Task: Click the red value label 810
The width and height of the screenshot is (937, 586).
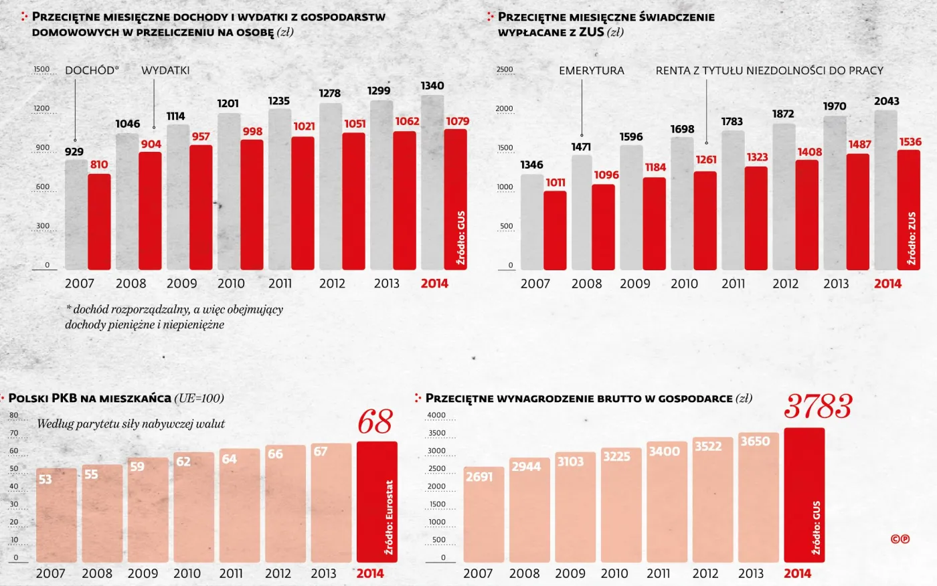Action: (98, 165)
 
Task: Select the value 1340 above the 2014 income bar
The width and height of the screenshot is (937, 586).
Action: (432, 86)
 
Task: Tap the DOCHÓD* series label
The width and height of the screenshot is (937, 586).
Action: (92, 70)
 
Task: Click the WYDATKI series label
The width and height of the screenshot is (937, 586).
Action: (165, 70)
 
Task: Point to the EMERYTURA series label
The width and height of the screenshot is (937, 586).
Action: (591, 70)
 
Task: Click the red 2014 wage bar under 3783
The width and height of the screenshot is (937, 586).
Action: (804, 495)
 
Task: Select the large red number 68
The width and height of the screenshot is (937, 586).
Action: (375, 422)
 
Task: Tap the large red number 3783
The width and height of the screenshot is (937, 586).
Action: (818, 406)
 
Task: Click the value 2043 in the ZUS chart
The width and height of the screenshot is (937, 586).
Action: (886, 101)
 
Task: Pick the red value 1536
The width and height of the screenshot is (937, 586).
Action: (910, 142)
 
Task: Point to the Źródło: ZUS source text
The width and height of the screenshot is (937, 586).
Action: (911, 238)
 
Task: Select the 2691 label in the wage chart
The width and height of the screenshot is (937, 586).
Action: (479, 477)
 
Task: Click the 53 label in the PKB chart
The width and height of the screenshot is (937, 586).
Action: (45, 479)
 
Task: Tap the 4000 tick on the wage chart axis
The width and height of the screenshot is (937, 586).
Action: (436, 415)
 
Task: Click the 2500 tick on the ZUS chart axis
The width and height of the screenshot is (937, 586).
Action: (505, 70)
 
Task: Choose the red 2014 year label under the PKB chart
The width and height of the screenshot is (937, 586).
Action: (370, 573)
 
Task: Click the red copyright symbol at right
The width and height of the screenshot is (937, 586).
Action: (900, 539)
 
